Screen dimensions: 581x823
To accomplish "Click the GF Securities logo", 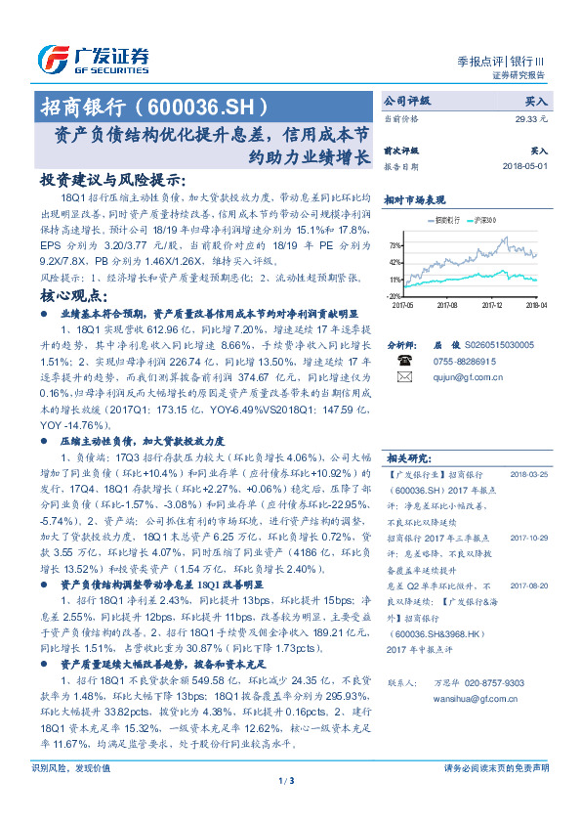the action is (93, 59).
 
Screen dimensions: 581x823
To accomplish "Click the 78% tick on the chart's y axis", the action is (394, 246).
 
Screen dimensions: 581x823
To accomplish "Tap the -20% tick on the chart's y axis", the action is (393, 295).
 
